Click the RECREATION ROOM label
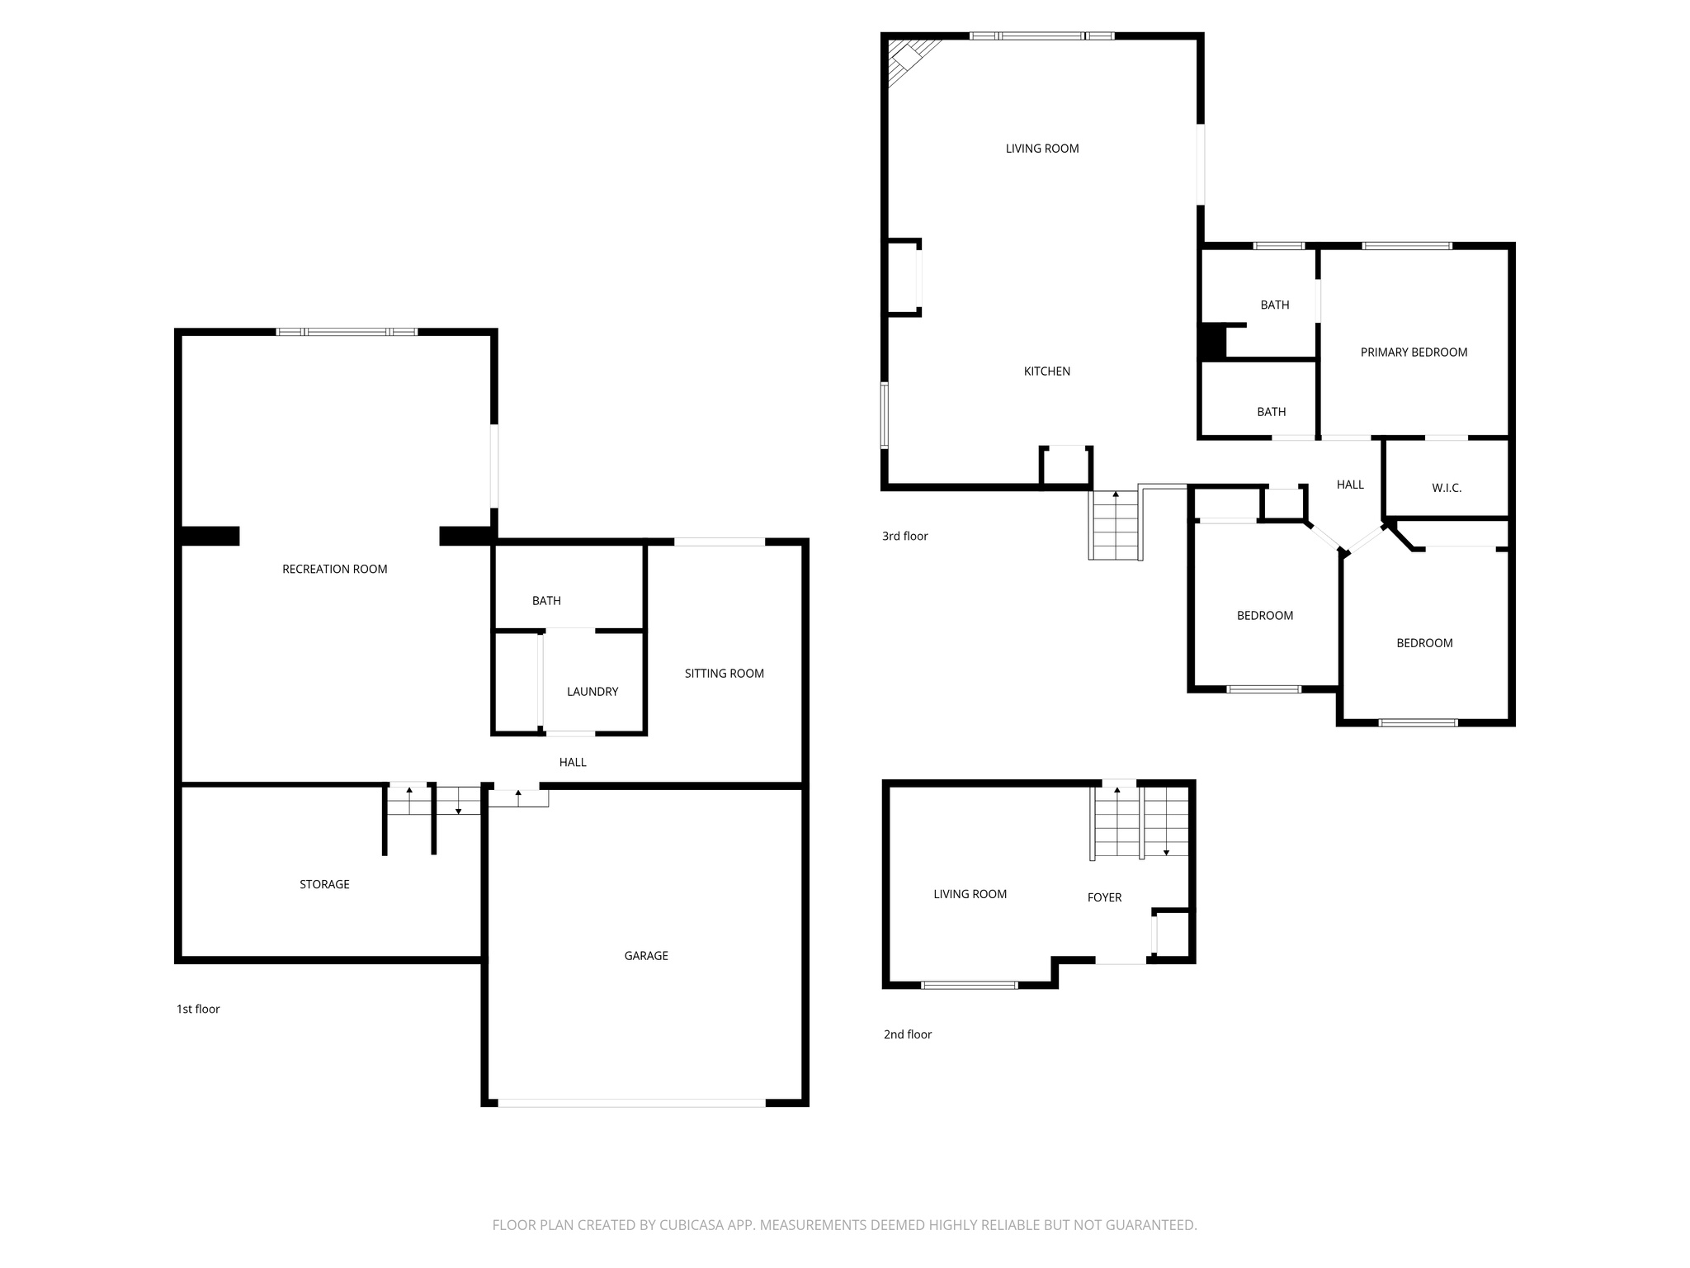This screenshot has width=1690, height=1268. point(334,569)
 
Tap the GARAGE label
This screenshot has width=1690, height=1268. point(645,956)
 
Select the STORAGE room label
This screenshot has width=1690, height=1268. point(324,884)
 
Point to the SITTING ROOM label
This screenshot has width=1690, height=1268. point(724,674)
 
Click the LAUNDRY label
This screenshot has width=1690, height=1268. point(592,692)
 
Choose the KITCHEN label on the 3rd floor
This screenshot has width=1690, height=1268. point(1046,371)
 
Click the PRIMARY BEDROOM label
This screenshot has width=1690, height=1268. point(1414,352)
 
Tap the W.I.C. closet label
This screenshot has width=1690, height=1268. point(1446,488)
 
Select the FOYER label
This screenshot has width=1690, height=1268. point(1104,897)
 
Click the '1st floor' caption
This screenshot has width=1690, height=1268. point(198,1009)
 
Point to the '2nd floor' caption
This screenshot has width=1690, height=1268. point(907,1034)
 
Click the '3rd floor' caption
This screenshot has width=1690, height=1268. point(904,536)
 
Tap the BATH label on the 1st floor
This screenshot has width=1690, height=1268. point(546,601)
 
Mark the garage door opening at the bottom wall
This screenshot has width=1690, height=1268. point(631,1102)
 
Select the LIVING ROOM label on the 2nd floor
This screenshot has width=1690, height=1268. point(970,894)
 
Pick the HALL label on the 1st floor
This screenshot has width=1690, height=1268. point(573,762)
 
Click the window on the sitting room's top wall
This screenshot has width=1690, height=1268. point(720,542)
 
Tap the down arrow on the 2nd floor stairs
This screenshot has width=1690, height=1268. point(1166,850)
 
